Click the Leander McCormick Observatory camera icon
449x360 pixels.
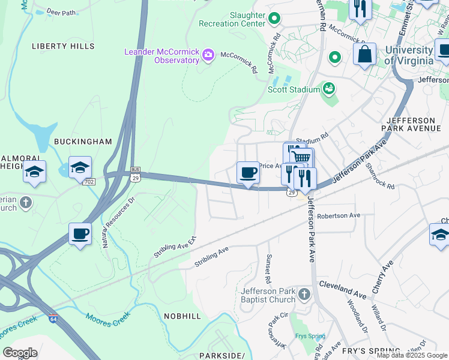[x=208, y=56]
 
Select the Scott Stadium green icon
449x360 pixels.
[x=328, y=89]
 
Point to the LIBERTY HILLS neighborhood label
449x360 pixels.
[x=63, y=46]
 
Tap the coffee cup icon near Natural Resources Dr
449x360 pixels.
[x=80, y=233]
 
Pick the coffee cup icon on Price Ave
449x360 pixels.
[x=248, y=173]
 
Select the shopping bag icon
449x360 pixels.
[x=364, y=55]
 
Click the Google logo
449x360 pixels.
[x=20, y=353]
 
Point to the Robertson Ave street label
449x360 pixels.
[x=339, y=215]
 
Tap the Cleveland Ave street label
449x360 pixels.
[x=342, y=288]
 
